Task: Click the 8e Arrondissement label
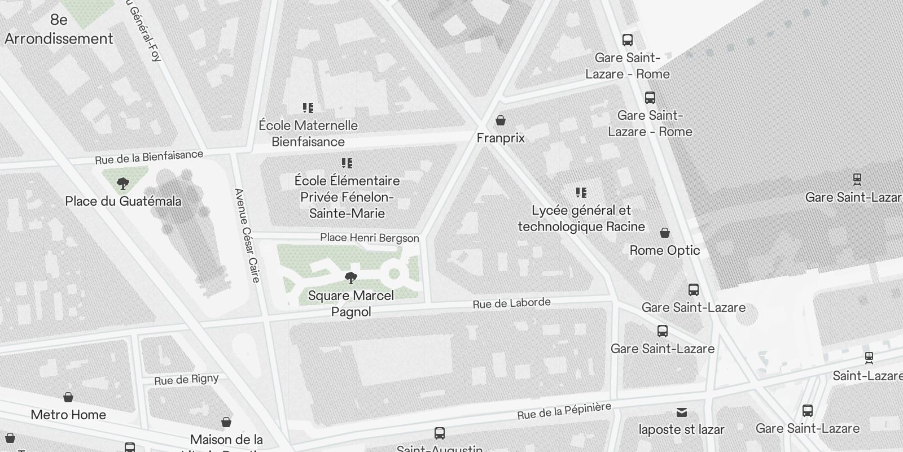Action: click(59, 29)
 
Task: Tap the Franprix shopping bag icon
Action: click(500, 120)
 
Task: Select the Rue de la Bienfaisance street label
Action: click(148, 157)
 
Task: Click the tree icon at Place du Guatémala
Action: click(122, 184)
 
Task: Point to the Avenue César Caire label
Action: click(247, 235)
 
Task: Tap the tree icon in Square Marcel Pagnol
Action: click(350, 278)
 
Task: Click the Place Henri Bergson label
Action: click(370, 238)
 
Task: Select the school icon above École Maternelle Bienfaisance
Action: click(308, 108)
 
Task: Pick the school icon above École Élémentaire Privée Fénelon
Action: click(347, 163)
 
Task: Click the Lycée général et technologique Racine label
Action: click(581, 218)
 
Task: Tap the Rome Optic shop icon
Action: click(665, 233)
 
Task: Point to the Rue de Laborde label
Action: click(511, 303)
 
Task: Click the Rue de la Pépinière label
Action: click(564, 411)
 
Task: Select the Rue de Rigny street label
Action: click(186, 380)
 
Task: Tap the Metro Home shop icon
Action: click(68, 397)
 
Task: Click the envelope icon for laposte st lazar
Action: click(682, 412)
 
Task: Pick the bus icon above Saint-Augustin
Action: click(440, 433)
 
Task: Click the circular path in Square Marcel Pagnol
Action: click(394, 275)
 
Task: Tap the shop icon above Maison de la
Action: click(226, 422)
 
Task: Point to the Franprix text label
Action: click(501, 138)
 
